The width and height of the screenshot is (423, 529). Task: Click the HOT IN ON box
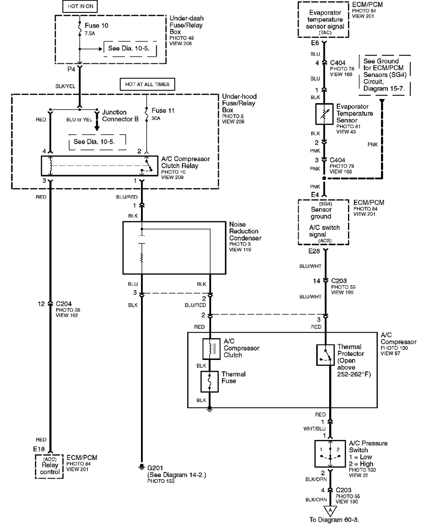coord(81,6)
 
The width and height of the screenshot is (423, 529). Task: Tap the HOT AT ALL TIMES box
coord(147,84)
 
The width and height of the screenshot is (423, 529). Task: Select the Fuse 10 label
coord(97,26)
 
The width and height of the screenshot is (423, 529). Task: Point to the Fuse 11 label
coord(163,110)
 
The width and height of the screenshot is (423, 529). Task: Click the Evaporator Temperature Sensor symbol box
coord(324,114)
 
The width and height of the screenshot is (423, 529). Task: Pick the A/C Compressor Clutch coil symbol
coord(211,349)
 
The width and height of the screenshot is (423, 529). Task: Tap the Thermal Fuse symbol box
coord(209,381)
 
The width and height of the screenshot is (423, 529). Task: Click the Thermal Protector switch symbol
coord(325,355)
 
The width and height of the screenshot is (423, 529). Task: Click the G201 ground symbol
coord(142,467)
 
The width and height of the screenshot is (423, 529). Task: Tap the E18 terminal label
coord(39,449)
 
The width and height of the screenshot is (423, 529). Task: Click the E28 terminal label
coord(314,251)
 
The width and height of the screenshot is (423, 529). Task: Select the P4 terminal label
coord(71,70)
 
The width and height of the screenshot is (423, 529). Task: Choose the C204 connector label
coord(64,304)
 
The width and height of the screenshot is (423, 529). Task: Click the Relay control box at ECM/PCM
coord(49,467)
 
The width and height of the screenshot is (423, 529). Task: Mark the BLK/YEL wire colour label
coord(65,86)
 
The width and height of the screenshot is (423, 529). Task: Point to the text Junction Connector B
coord(120,116)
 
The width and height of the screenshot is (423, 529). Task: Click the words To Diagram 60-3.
coord(334,520)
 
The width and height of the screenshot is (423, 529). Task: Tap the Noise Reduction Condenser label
coord(245,231)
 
